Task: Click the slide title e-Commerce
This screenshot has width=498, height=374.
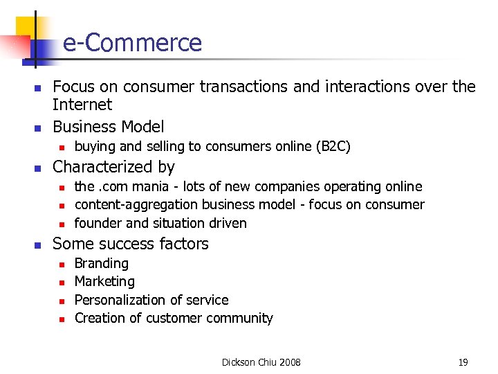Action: point(132,43)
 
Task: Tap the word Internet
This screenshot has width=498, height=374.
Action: point(82,105)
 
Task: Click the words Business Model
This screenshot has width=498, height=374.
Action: point(109,127)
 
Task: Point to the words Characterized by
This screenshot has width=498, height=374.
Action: point(113,167)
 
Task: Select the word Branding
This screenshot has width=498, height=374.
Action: point(101,263)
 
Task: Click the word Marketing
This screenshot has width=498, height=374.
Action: point(104,281)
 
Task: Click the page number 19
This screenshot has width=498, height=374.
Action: point(463,362)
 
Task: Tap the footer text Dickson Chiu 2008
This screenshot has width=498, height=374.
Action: point(261,362)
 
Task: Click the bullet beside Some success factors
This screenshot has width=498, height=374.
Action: point(38,244)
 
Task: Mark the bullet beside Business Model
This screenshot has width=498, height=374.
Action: point(38,128)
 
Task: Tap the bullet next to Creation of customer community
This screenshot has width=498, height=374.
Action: point(62,319)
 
